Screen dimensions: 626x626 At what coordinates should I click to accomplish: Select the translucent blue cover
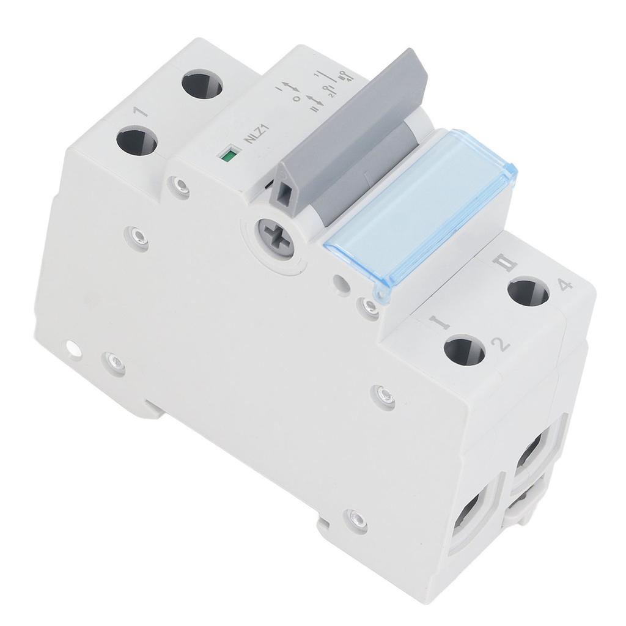point(421,211)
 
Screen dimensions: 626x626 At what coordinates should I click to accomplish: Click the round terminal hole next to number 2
point(464,351)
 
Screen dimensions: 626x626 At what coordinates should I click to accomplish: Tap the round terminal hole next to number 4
point(528,291)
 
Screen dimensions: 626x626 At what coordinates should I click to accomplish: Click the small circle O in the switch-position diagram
point(296,98)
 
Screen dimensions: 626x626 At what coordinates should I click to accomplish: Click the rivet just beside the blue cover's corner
point(369,307)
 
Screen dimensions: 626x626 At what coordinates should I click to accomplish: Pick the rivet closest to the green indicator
point(179,185)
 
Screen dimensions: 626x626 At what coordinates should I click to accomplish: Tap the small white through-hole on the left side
point(73,349)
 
